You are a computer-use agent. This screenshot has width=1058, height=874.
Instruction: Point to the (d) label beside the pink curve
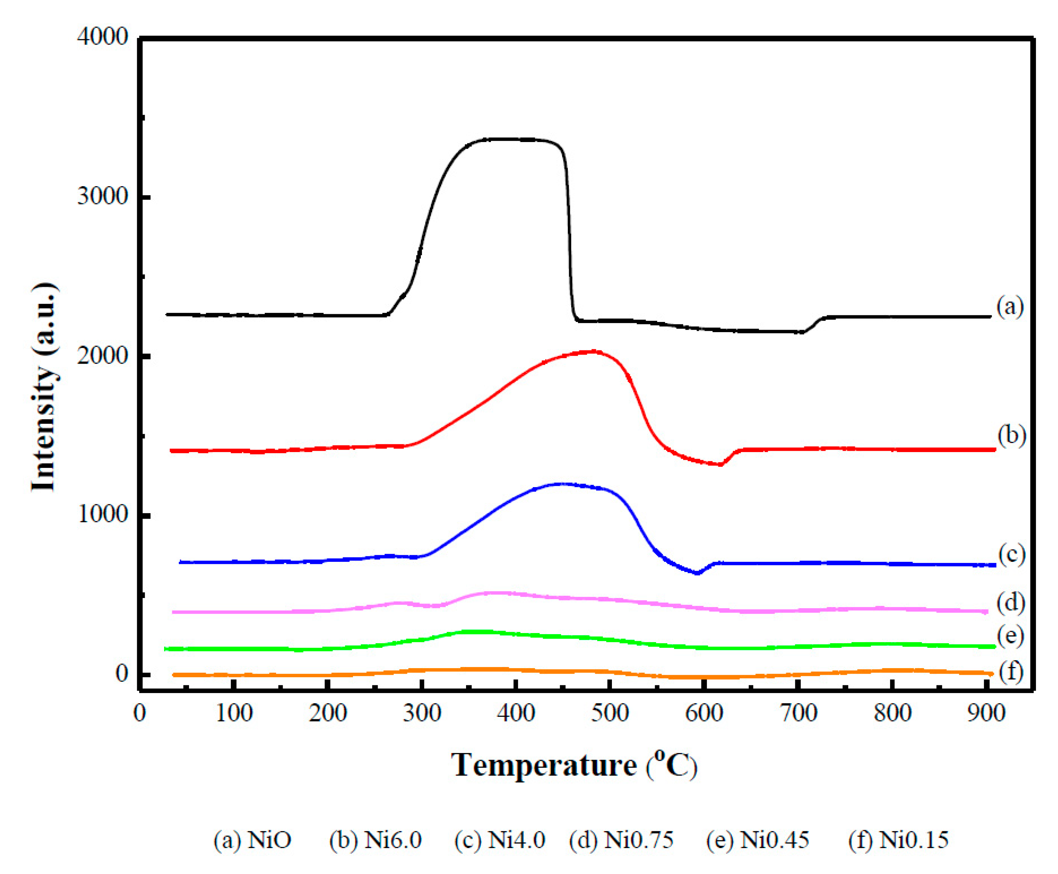point(1011,602)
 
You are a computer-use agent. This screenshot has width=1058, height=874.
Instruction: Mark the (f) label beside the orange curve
point(1011,672)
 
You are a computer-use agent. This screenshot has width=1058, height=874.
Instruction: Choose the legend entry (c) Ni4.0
point(499,840)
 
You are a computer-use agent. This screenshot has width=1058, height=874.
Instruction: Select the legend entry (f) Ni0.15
point(898,840)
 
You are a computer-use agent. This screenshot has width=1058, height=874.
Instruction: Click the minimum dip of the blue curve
point(697,573)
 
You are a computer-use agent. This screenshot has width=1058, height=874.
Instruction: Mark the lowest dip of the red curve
point(720,464)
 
